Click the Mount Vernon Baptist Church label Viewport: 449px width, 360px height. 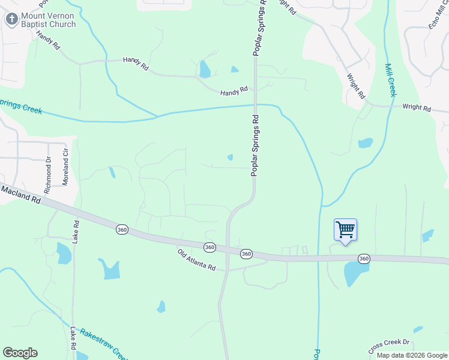(48, 20)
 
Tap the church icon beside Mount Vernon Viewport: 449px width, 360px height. (11, 19)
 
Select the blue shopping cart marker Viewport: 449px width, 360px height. (345, 230)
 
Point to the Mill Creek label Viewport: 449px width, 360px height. (390, 80)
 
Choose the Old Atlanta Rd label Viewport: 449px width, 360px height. (196, 260)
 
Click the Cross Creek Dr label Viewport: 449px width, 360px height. (388, 346)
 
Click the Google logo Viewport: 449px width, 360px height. (20, 352)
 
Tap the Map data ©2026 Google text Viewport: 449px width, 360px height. (412, 355)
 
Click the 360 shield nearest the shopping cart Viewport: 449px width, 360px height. (363, 259)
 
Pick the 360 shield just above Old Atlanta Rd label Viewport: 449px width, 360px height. (209, 247)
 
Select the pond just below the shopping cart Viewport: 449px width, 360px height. (356, 274)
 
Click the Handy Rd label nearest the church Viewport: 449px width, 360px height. (48, 41)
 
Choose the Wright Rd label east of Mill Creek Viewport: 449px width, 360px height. (417, 108)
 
